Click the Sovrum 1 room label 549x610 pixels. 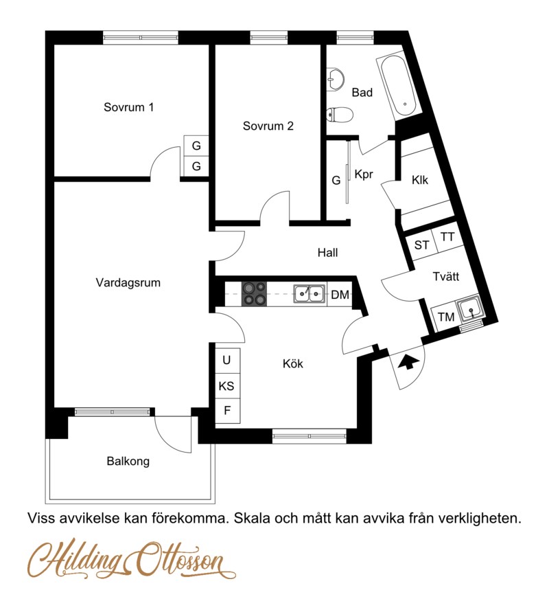click(x=128, y=107)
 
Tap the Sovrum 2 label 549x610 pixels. click(x=268, y=126)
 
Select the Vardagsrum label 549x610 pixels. click(x=128, y=282)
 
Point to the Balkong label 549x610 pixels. click(x=128, y=462)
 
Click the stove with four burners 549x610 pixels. click(x=255, y=293)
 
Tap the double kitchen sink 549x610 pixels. click(x=309, y=293)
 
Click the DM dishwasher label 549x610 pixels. click(x=340, y=295)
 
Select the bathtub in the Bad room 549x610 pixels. click(x=399, y=87)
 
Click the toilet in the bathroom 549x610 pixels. click(x=339, y=114)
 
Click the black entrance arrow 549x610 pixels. click(x=407, y=363)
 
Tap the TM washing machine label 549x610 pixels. click(x=446, y=317)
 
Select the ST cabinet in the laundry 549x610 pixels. click(x=421, y=245)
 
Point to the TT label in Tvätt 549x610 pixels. click(x=447, y=237)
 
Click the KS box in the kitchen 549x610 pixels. click(x=227, y=386)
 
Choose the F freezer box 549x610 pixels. click(x=227, y=411)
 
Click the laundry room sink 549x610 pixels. click(x=470, y=310)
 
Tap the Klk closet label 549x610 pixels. click(x=419, y=180)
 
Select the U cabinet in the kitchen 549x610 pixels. click(x=227, y=360)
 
